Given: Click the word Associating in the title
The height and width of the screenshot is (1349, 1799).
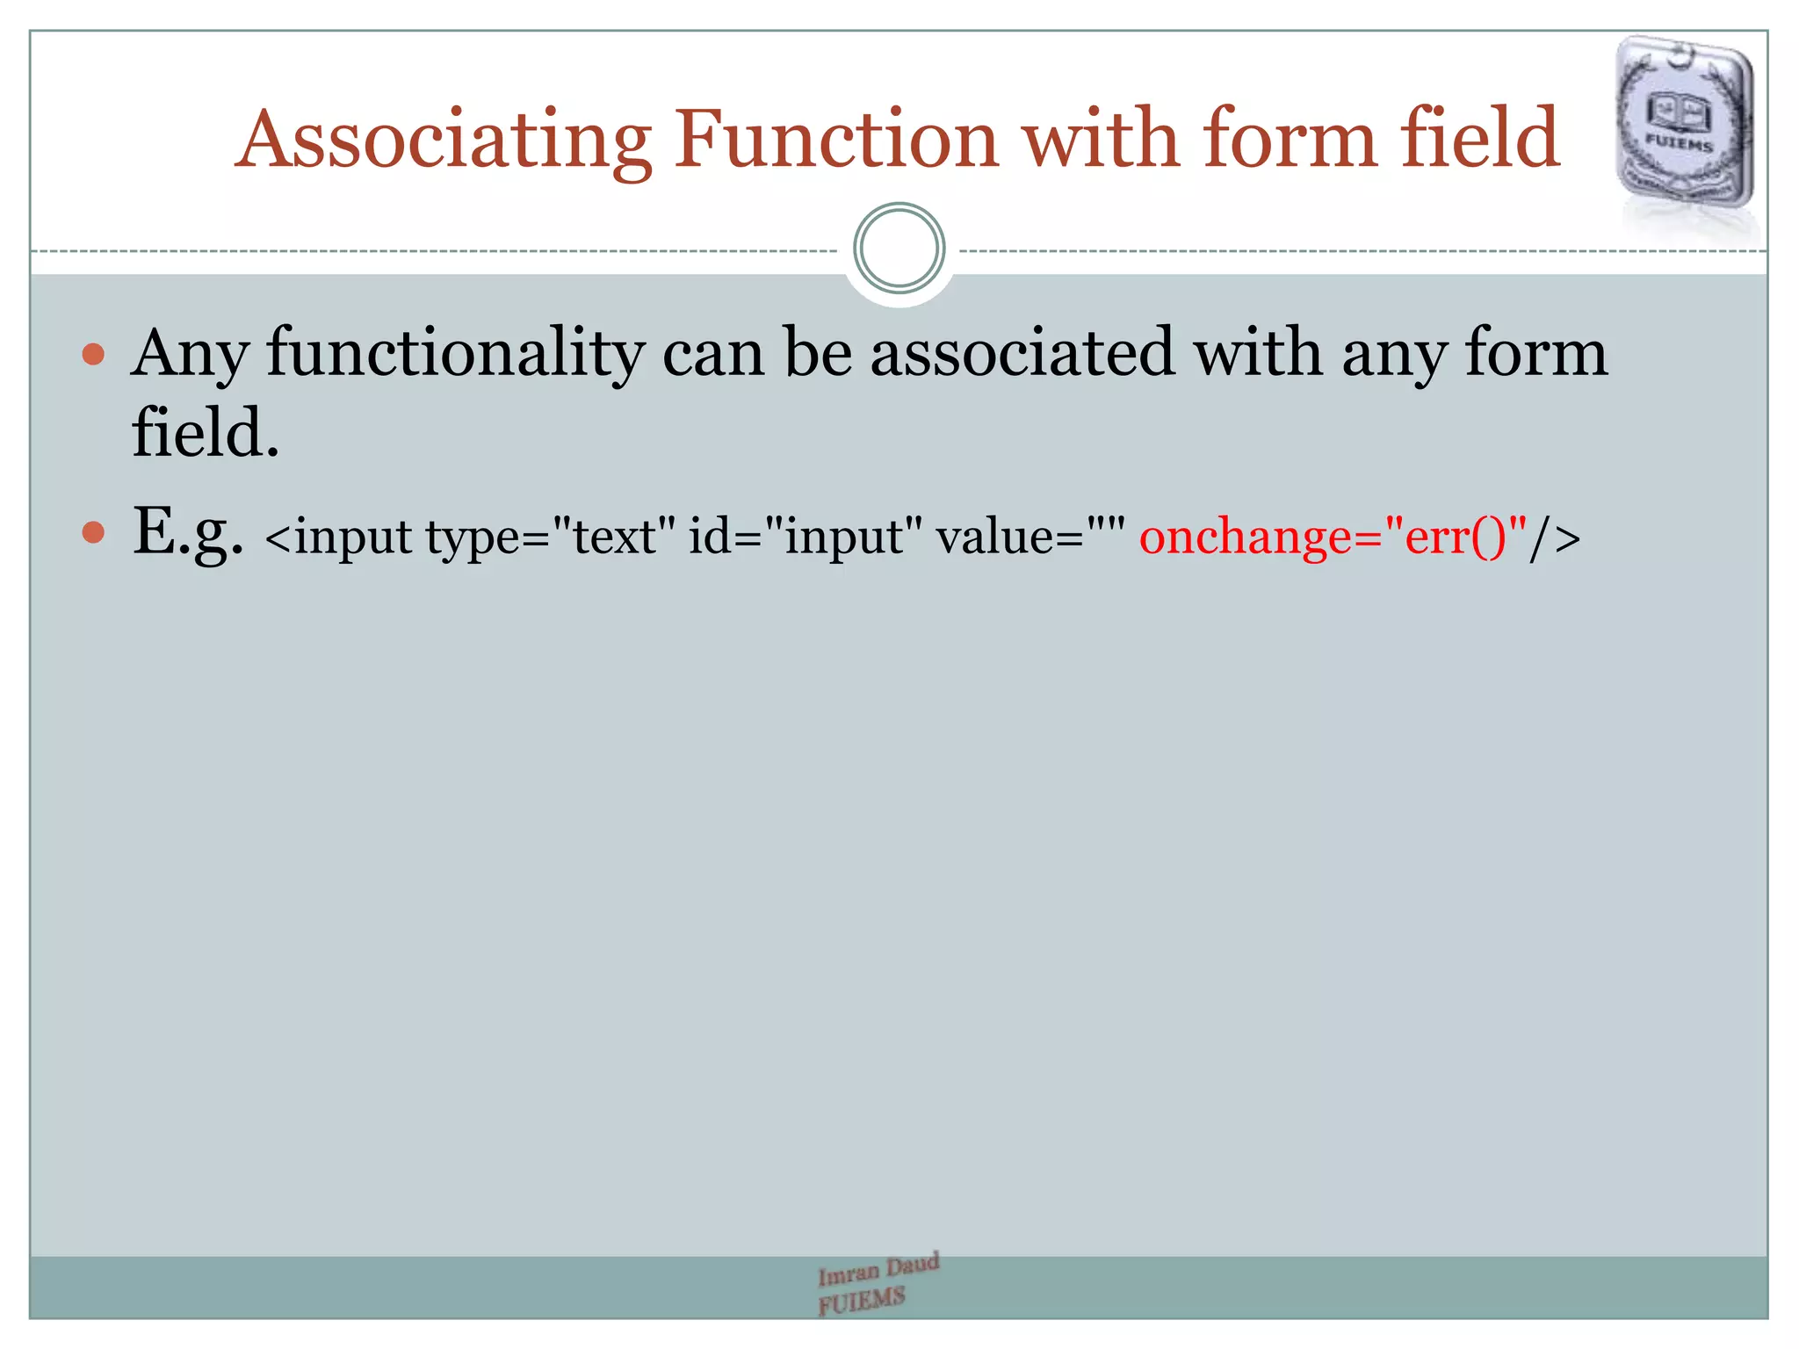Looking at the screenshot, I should tap(444, 141).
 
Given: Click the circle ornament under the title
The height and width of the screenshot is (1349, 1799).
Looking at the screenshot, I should tap(899, 249).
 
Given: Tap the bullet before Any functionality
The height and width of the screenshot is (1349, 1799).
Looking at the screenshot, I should tap(93, 355).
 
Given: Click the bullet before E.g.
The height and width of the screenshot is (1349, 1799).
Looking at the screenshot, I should tap(93, 532).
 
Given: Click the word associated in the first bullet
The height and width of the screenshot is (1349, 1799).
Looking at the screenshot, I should tap(1022, 353).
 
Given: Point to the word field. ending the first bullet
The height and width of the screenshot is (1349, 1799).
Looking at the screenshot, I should tap(205, 433).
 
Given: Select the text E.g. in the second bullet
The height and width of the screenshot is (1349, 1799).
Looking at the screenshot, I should tap(187, 532).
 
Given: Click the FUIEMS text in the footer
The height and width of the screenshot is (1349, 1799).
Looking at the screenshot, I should tap(861, 1300).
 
